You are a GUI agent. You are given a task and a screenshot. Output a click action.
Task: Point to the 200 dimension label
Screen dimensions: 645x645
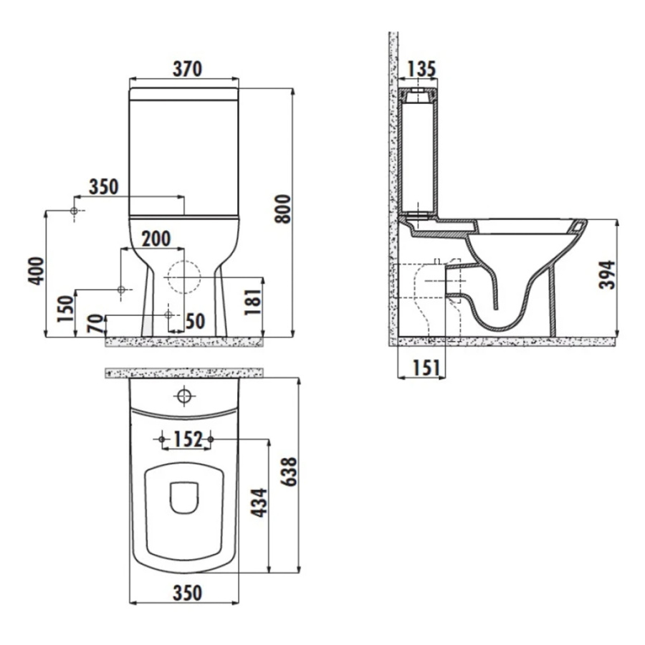156,239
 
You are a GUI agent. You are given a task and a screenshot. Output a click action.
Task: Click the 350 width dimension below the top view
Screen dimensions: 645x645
185,593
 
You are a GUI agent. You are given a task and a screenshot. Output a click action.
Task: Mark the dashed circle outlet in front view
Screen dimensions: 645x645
184,276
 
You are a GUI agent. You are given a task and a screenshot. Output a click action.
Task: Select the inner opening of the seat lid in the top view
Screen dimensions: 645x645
185,497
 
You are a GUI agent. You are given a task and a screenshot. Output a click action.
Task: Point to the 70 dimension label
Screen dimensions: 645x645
94,324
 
